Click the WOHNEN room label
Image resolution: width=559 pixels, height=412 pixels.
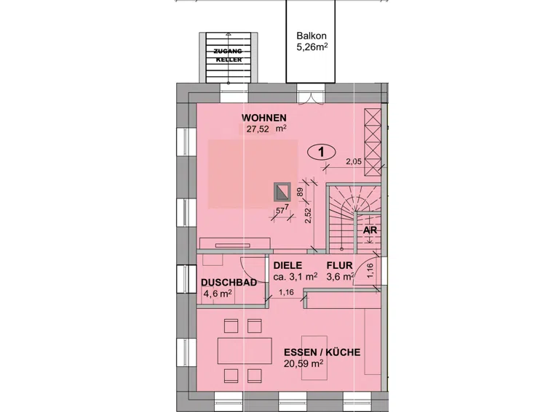(x=263, y=118)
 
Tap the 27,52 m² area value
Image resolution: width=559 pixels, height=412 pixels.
(x=266, y=129)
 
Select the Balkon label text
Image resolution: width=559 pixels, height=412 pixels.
(x=312, y=36)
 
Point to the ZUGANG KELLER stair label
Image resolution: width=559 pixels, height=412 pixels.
(x=229, y=55)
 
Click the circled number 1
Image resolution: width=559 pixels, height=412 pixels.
(x=321, y=153)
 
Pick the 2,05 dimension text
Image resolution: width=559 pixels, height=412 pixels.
(x=354, y=161)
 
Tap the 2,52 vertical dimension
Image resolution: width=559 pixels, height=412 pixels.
(x=308, y=216)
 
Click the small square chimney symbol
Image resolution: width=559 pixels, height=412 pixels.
(x=282, y=192)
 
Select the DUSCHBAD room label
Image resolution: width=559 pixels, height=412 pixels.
(x=229, y=283)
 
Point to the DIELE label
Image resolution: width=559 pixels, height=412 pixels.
(x=288, y=265)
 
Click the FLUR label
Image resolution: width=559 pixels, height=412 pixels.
(x=339, y=265)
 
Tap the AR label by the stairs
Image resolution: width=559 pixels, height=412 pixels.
(x=370, y=230)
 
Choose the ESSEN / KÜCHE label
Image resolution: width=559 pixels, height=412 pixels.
(x=322, y=352)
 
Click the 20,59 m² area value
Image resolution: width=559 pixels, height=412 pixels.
(x=304, y=363)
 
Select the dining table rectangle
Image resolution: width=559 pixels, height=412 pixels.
(x=245, y=350)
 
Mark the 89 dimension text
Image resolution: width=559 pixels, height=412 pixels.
(x=300, y=192)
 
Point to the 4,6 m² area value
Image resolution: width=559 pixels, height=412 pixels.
(x=218, y=294)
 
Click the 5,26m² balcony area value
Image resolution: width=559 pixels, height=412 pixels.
(x=312, y=47)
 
